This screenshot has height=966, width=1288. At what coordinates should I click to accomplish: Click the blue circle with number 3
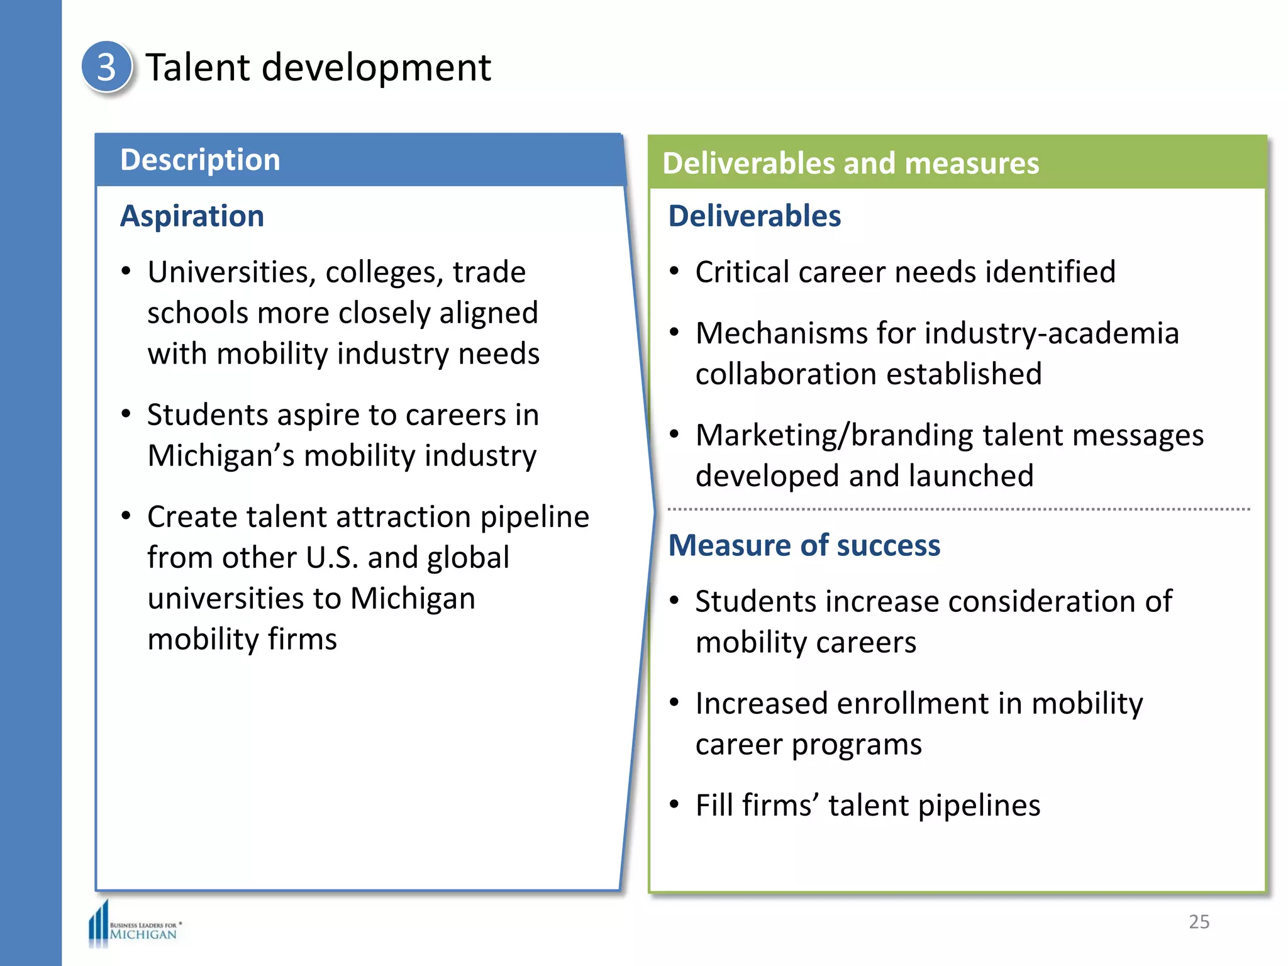[106, 67]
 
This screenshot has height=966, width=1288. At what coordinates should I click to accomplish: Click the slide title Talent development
[318, 67]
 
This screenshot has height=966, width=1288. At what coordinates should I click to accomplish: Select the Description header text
[200, 160]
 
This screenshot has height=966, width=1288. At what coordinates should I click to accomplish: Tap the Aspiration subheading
[192, 216]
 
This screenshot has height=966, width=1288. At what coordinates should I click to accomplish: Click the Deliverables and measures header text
[850, 164]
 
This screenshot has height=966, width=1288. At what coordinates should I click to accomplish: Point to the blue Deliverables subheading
[754, 216]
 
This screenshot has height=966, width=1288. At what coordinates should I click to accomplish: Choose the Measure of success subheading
[804, 545]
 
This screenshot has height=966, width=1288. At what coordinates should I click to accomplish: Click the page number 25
[1199, 921]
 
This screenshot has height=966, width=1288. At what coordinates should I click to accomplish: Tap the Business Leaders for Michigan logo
[135, 925]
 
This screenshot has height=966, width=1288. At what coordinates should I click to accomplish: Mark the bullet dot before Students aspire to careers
[126, 414]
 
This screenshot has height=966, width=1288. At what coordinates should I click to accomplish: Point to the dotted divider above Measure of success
[958, 509]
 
